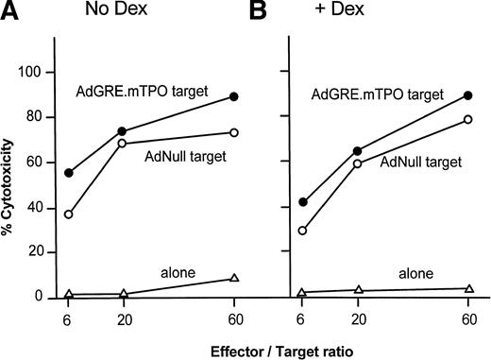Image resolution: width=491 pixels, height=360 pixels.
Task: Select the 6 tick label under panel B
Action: (301, 319)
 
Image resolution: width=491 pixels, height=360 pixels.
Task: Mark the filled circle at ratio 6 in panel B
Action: (302, 202)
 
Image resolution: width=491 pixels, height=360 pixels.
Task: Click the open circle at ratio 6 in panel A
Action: (68, 214)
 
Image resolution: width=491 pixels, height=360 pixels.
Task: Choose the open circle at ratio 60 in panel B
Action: (467, 119)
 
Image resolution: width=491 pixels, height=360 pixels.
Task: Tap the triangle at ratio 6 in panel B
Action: (302, 293)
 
